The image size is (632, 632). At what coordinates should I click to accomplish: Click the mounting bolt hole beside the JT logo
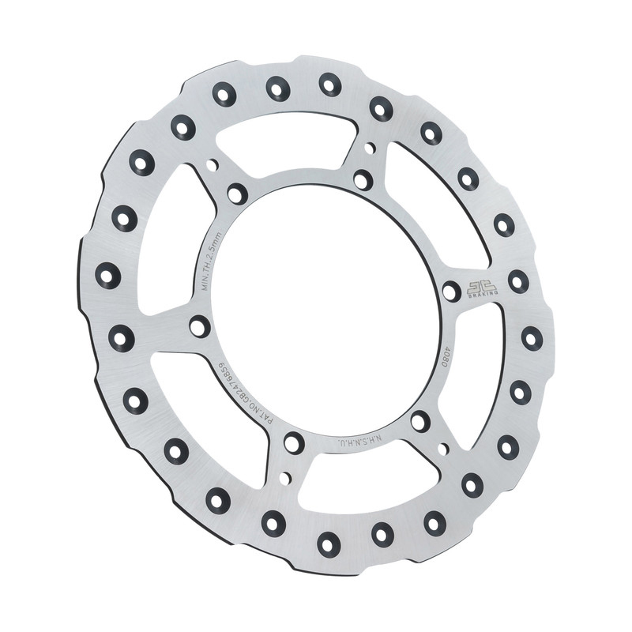(x=451, y=292)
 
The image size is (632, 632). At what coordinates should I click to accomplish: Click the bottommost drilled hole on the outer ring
(x=328, y=543)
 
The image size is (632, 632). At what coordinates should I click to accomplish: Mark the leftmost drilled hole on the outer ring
(x=108, y=276)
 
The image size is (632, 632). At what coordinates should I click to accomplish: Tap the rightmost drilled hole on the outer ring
(x=532, y=338)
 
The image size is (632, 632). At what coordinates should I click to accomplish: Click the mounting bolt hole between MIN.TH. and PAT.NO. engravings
(x=199, y=326)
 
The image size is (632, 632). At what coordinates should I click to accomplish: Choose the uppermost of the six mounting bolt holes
(x=363, y=179)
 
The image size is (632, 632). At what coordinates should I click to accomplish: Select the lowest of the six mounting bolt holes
(x=293, y=443)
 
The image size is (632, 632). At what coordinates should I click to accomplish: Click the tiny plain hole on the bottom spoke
(x=285, y=477)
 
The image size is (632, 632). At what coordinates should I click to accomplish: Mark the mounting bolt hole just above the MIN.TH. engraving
(x=236, y=194)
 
